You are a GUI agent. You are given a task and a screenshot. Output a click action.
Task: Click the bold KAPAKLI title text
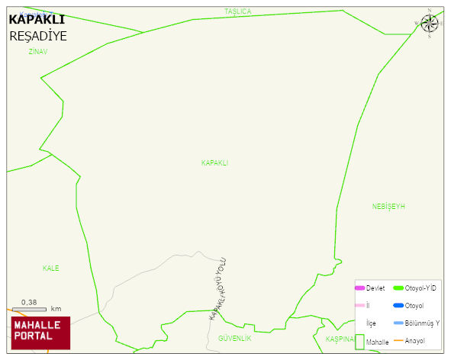(x=36, y=19)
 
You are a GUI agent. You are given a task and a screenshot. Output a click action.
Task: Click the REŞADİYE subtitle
(x=38, y=36)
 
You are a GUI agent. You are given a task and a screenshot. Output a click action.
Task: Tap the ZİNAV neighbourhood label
(x=37, y=52)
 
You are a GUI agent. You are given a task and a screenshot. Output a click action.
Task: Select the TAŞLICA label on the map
(x=237, y=11)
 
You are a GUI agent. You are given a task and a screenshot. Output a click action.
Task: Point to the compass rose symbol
(x=430, y=23)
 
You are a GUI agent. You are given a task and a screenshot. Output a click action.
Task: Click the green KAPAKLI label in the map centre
(x=214, y=163)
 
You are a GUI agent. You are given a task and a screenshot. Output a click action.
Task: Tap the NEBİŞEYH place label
(x=388, y=207)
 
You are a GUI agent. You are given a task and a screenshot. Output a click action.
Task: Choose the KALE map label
(x=51, y=268)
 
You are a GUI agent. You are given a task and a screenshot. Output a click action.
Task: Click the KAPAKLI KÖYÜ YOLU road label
(x=218, y=288)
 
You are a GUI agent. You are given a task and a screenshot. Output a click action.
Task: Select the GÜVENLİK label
(x=234, y=337)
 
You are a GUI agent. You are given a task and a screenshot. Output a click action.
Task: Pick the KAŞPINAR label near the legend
(x=340, y=339)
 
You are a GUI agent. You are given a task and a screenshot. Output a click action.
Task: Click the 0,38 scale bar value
(x=30, y=302)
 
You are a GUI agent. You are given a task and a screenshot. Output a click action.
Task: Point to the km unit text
(x=56, y=309)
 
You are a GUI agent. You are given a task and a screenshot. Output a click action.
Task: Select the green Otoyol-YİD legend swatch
(x=398, y=288)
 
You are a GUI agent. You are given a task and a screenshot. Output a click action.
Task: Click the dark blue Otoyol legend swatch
(x=398, y=306)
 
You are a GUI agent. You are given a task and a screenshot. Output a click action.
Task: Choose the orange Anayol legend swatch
(x=398, y=340)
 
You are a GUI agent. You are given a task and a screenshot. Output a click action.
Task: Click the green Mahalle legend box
(x=360, y=342)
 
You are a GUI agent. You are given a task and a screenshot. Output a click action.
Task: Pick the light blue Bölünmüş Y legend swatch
(x=398, y=323)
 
